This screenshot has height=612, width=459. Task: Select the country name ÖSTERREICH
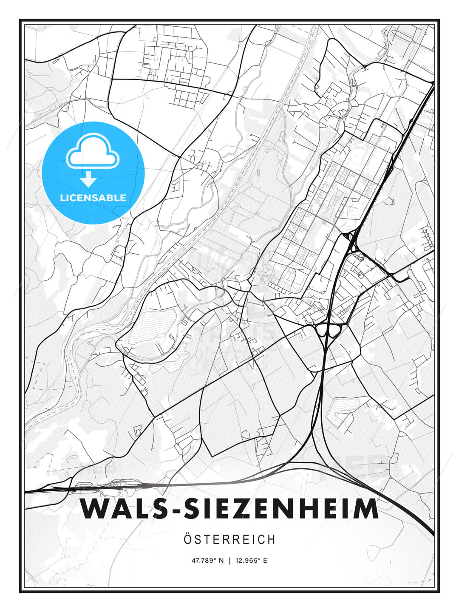pyautogui.click(x=229, y=540)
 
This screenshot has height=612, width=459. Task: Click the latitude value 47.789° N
pyautogui.click(x=207, y=561)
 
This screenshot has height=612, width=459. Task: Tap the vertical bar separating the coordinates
pyautogui.click(x=229, y=561)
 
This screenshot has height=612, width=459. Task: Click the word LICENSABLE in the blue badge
pyautogui.click(x=93, y=198)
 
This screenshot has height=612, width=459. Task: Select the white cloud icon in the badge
pyautogui.click(x=93, y=152)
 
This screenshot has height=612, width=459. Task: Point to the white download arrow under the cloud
pyautogui.click(x=88, y=179)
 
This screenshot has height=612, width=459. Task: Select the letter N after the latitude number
pyautogui.click(x=221, y=561)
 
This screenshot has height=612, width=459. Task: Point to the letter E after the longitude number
pyautogui.click(x=265, y=561)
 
